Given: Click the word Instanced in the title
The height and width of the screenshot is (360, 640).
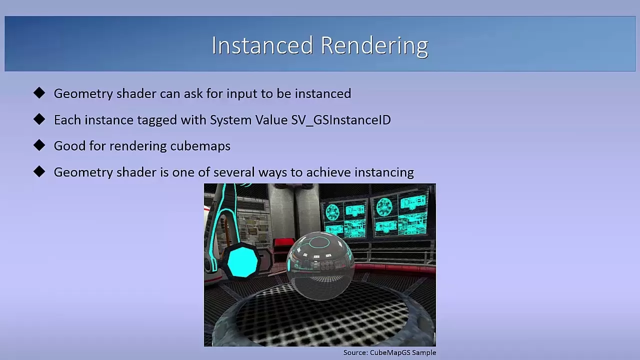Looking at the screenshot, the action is click(262, 45).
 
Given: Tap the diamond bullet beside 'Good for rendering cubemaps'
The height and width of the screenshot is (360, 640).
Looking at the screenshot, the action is click(39, 145).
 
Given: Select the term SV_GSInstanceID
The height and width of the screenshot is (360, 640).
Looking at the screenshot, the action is click(341, 120).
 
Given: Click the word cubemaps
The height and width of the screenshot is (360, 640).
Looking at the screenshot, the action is click(200, 146).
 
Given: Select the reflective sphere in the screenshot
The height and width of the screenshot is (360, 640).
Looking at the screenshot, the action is click(320, 265).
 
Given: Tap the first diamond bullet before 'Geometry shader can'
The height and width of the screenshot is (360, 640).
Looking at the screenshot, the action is click(39, 93).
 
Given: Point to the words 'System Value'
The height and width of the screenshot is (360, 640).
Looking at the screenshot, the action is click(248, 120).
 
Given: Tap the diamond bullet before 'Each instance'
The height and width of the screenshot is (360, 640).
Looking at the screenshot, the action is click(39, 119).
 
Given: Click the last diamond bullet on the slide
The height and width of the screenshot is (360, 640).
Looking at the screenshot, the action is click(39, 171).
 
